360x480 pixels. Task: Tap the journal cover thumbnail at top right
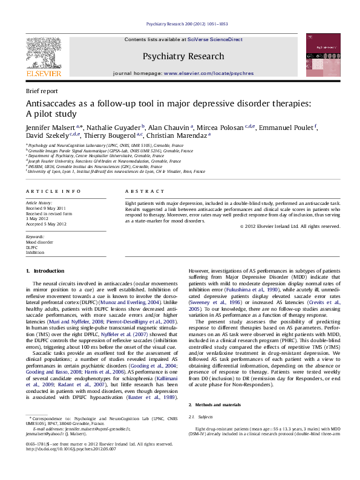click(319, 55)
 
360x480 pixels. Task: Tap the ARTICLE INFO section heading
click(49, 192)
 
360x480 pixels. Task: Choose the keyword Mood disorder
click(39, 242)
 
